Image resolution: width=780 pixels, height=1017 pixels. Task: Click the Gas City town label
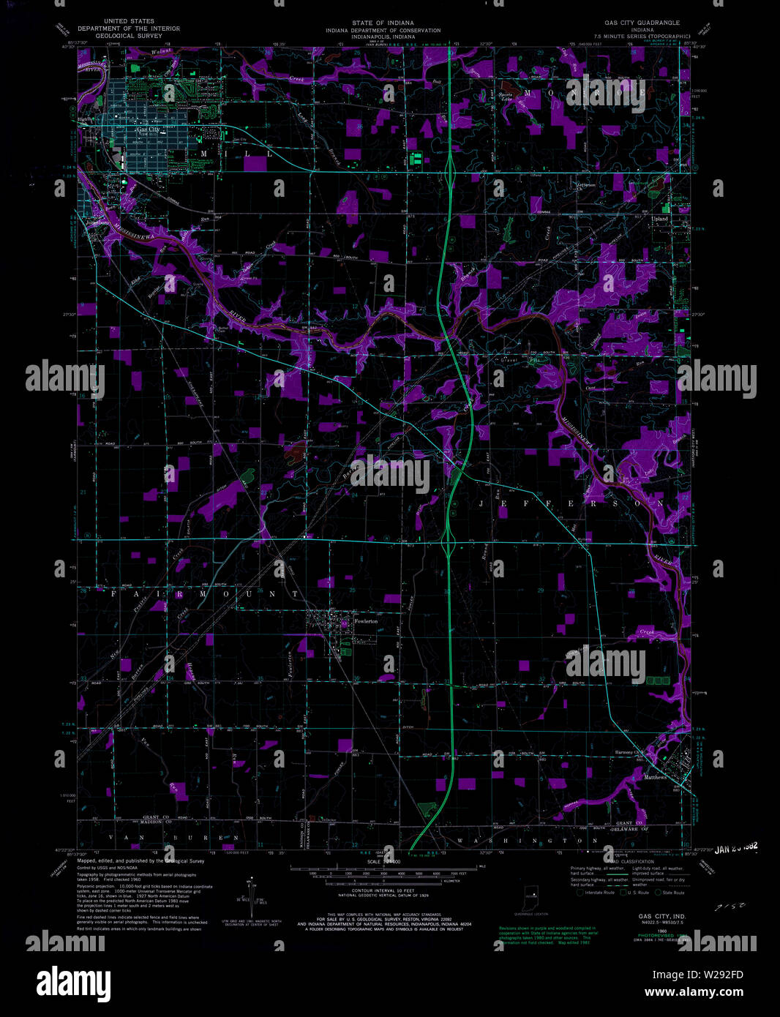[x=147, y=130]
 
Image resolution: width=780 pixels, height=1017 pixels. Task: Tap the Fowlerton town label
[x=366, y=621]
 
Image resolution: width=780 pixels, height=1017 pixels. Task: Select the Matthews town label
[x=656, y=778]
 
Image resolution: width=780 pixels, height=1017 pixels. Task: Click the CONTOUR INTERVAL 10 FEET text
[x=374, y=890]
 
